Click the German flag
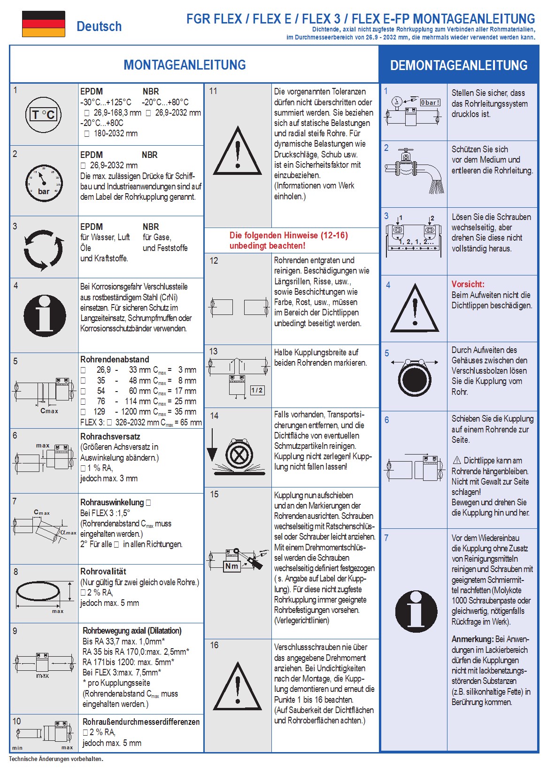click(43, 24)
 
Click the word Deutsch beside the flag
click(99, 26)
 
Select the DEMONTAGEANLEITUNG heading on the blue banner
click(459, 65)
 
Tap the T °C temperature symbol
click(43, 114)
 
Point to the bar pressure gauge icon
click(43, 183)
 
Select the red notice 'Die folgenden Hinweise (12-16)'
click(288, 240)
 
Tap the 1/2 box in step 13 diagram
click(257, 390)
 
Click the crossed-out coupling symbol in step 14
click(239, 455)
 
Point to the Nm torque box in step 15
click(231, 566)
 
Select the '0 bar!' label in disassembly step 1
click(430, 102)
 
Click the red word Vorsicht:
click(468, 284)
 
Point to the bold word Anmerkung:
click(472, 639)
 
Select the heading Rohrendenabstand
click(115, 360)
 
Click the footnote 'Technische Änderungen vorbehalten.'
click(56, 759)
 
